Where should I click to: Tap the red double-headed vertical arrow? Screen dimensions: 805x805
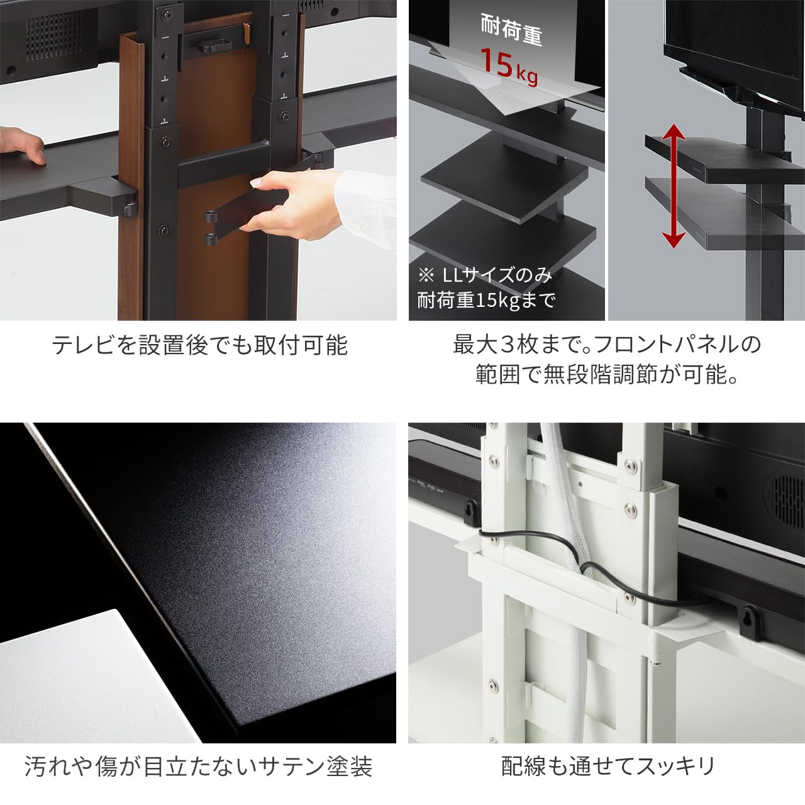[674, 186]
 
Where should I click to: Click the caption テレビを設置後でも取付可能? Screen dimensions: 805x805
[199, 346]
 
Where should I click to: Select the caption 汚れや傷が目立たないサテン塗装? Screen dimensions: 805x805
[198, 767]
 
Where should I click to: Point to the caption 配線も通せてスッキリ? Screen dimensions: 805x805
[608, 767]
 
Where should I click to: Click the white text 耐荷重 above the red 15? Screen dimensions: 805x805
[511, 30]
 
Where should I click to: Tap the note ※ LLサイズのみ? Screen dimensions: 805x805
[485, 275]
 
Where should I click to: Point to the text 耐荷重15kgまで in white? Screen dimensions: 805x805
[486, 301]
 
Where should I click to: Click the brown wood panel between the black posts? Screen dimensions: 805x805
[214, 252]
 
